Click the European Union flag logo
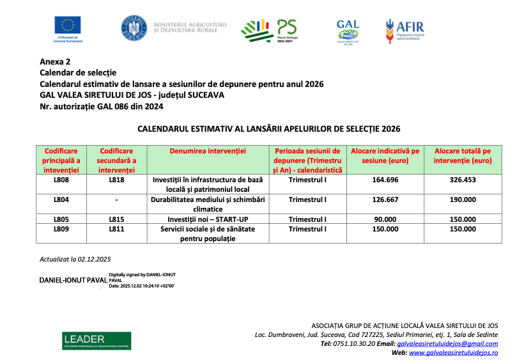pyautogui.click(x=68, y=26)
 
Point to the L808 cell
pyautogui.click(x=61, y=180)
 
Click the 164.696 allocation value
pyautogui.click(x=385, y=180)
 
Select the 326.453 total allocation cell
pyautogui.click(x=463, y=180)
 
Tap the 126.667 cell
pyautogui.click(x=385, y=200)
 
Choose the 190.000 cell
pyautogui.click(x=463, y=200)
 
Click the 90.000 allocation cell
pyautogui.click(x=385, y=219)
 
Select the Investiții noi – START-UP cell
pyautogui.click(x=208, y=219)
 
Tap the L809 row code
pyautogui.click(x=61, y=228)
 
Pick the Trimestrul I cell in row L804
pyautogui.click(x=307, y=200)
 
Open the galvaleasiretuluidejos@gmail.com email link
pyautogui.click(x=447, y=343)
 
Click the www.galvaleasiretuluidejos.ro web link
pyautogui.click(x=453, y=352)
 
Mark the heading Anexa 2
pyautogui.click(x=55, y=62)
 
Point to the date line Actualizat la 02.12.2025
pyautogui.click(x=75, y=259)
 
